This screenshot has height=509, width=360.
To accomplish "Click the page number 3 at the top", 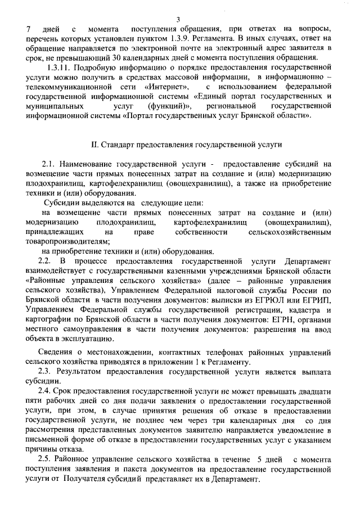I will point(178,20).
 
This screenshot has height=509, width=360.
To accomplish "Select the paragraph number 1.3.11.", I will point(61,68).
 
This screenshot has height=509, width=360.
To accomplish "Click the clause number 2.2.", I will point(44,262).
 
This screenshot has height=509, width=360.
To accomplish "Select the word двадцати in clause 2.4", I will point(316,391).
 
